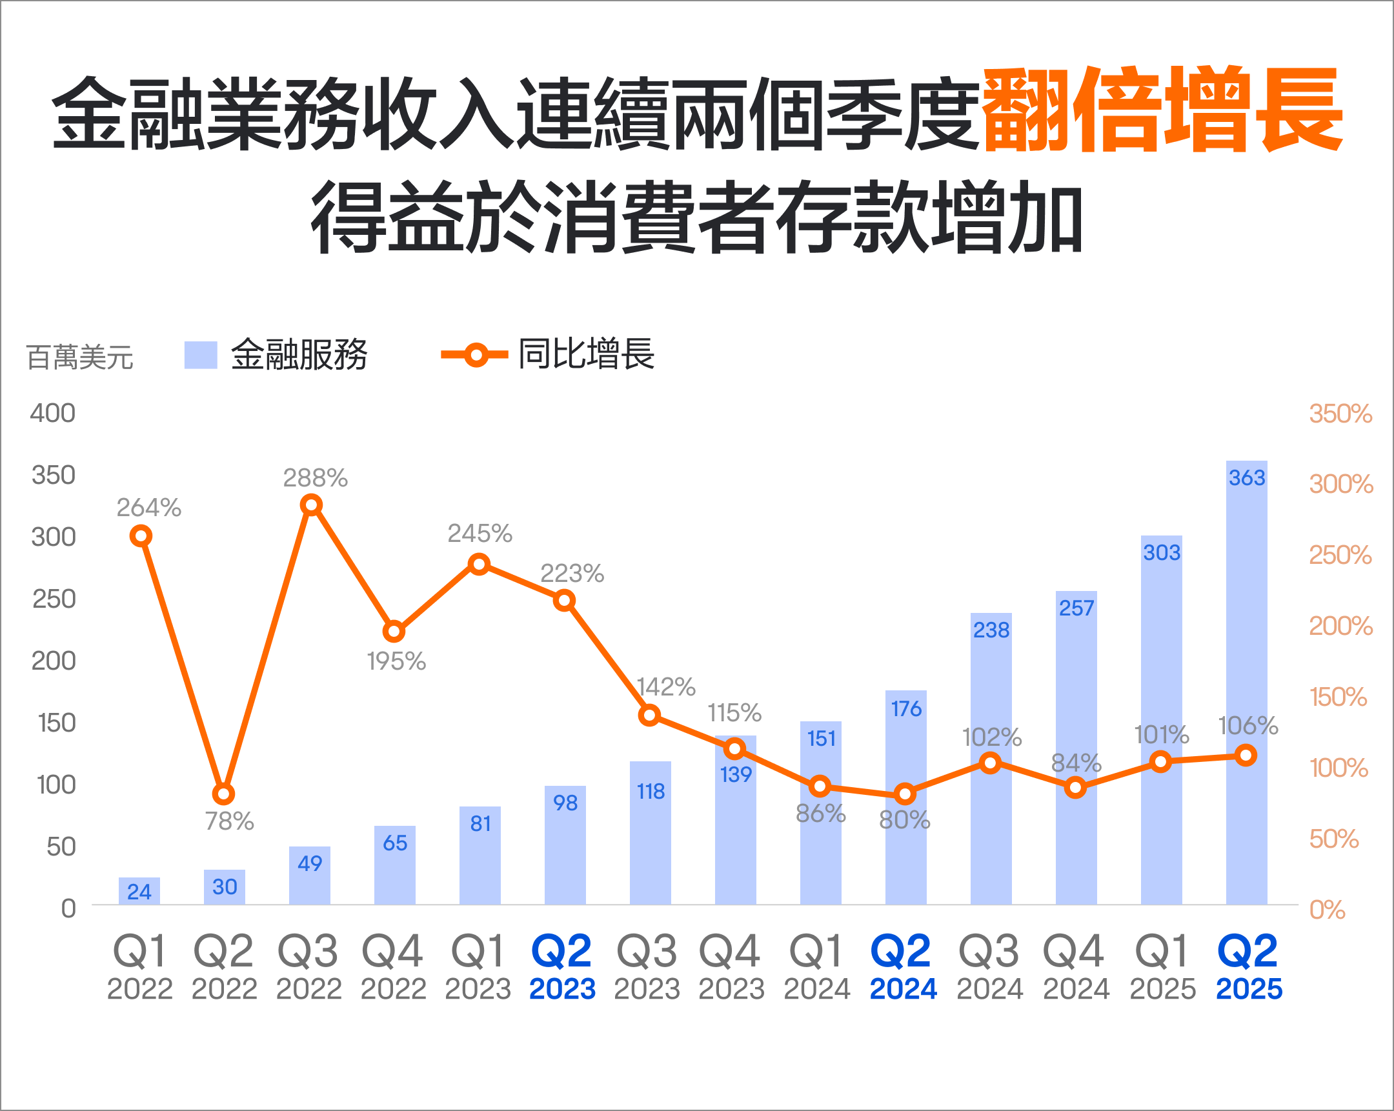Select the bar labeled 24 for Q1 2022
(x=139, y=892)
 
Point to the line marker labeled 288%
(x=312, y=505)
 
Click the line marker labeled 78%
(x=223, y=794)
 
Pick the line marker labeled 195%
(x=394, y=632)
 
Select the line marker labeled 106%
(x=1246, y=755)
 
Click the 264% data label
(x=148, y=508)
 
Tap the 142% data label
(x=666, y=686)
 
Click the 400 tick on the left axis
(x=52, y=414)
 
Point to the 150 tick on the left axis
(x=56, y=723)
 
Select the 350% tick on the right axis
(x=1340, y=414)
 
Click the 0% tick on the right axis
(x=1327, y=910)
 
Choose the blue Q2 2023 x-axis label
(x=562, y=967)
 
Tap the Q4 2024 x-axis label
(x=1075, y=967)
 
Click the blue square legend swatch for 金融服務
(x=201, y=355)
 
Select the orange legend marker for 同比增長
(x=475, y=355)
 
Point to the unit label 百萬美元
(x=79, y=357)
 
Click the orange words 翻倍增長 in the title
(x=1162, y=110)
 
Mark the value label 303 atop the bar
(x=1161, y=552)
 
